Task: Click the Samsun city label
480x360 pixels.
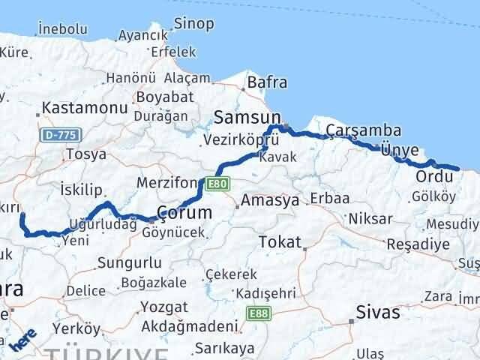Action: (247, 117)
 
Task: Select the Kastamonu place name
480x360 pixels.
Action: (85, 108)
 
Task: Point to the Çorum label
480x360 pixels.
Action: (184, 213)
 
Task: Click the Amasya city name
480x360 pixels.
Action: (270, 201)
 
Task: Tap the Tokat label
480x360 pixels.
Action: (278, 242)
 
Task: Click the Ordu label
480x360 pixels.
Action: (434, 177)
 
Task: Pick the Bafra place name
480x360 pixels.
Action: (266, 82)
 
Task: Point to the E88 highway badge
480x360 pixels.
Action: (256, 313)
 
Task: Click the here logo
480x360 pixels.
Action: (24, 341)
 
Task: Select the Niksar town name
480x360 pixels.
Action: (370, 219)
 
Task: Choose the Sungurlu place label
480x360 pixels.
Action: (128, 263)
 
